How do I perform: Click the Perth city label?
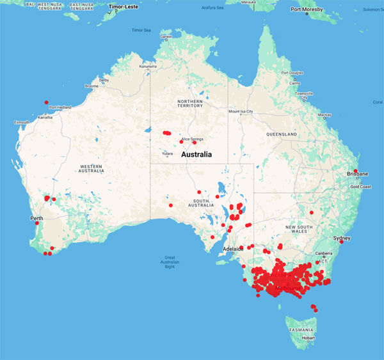[36, 218]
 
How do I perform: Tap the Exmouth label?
[22, 121]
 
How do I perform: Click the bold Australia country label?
[200, 155]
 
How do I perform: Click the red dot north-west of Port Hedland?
[45, 102]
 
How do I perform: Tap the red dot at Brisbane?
[355, 170]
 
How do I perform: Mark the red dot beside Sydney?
[341, 242]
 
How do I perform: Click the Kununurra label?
[148, 66]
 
